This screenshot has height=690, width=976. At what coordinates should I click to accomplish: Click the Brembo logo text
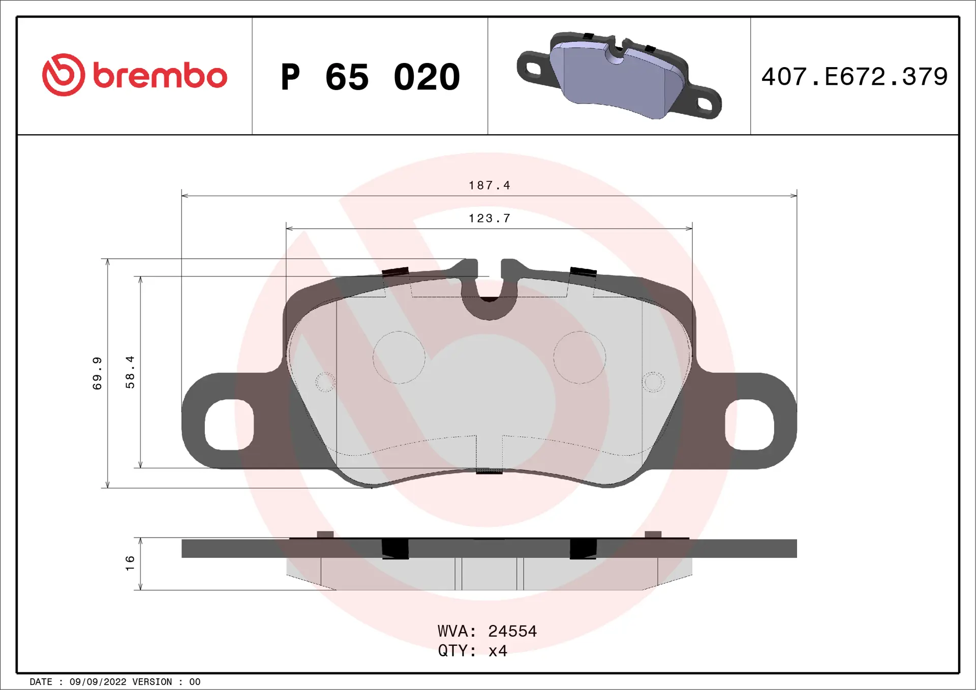point(160,76)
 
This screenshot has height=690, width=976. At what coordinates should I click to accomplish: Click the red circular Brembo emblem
point(63,75)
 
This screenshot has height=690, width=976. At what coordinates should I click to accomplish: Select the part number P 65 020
point(370,77)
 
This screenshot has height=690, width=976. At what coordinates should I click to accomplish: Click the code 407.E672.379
point(854,77)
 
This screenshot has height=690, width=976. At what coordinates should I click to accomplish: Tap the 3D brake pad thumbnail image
point(619,76)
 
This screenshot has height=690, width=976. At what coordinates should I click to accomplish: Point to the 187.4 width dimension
point(489,185)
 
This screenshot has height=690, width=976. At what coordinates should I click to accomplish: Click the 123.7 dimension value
point(489,218)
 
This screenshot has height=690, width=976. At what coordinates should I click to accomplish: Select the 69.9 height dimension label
point(97,373)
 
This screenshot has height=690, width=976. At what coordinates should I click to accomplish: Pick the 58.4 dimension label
point(130,372)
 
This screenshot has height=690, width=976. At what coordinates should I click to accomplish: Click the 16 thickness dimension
point(130,562)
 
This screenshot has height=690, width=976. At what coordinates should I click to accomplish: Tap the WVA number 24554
point(512,631)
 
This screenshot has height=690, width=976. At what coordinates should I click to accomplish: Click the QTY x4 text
point(473,651)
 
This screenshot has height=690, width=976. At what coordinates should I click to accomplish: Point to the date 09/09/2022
point(98,682)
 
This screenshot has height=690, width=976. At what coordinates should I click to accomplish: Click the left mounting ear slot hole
point(229,425)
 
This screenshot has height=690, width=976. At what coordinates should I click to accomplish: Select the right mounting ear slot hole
point(749,425)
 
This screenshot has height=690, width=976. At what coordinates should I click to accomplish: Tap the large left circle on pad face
point(399,357)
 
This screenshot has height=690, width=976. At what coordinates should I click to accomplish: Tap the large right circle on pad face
point(579,357)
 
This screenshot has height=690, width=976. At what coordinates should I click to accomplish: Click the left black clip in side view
point(395,548)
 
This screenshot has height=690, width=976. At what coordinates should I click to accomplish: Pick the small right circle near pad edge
point(653,382)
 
